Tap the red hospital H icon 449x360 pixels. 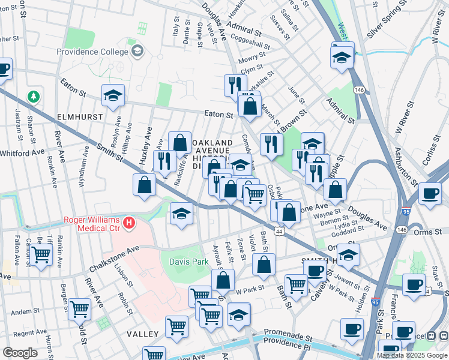[128, 224]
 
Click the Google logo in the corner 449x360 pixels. [20, 352]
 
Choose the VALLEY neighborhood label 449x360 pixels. [142, 334]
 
